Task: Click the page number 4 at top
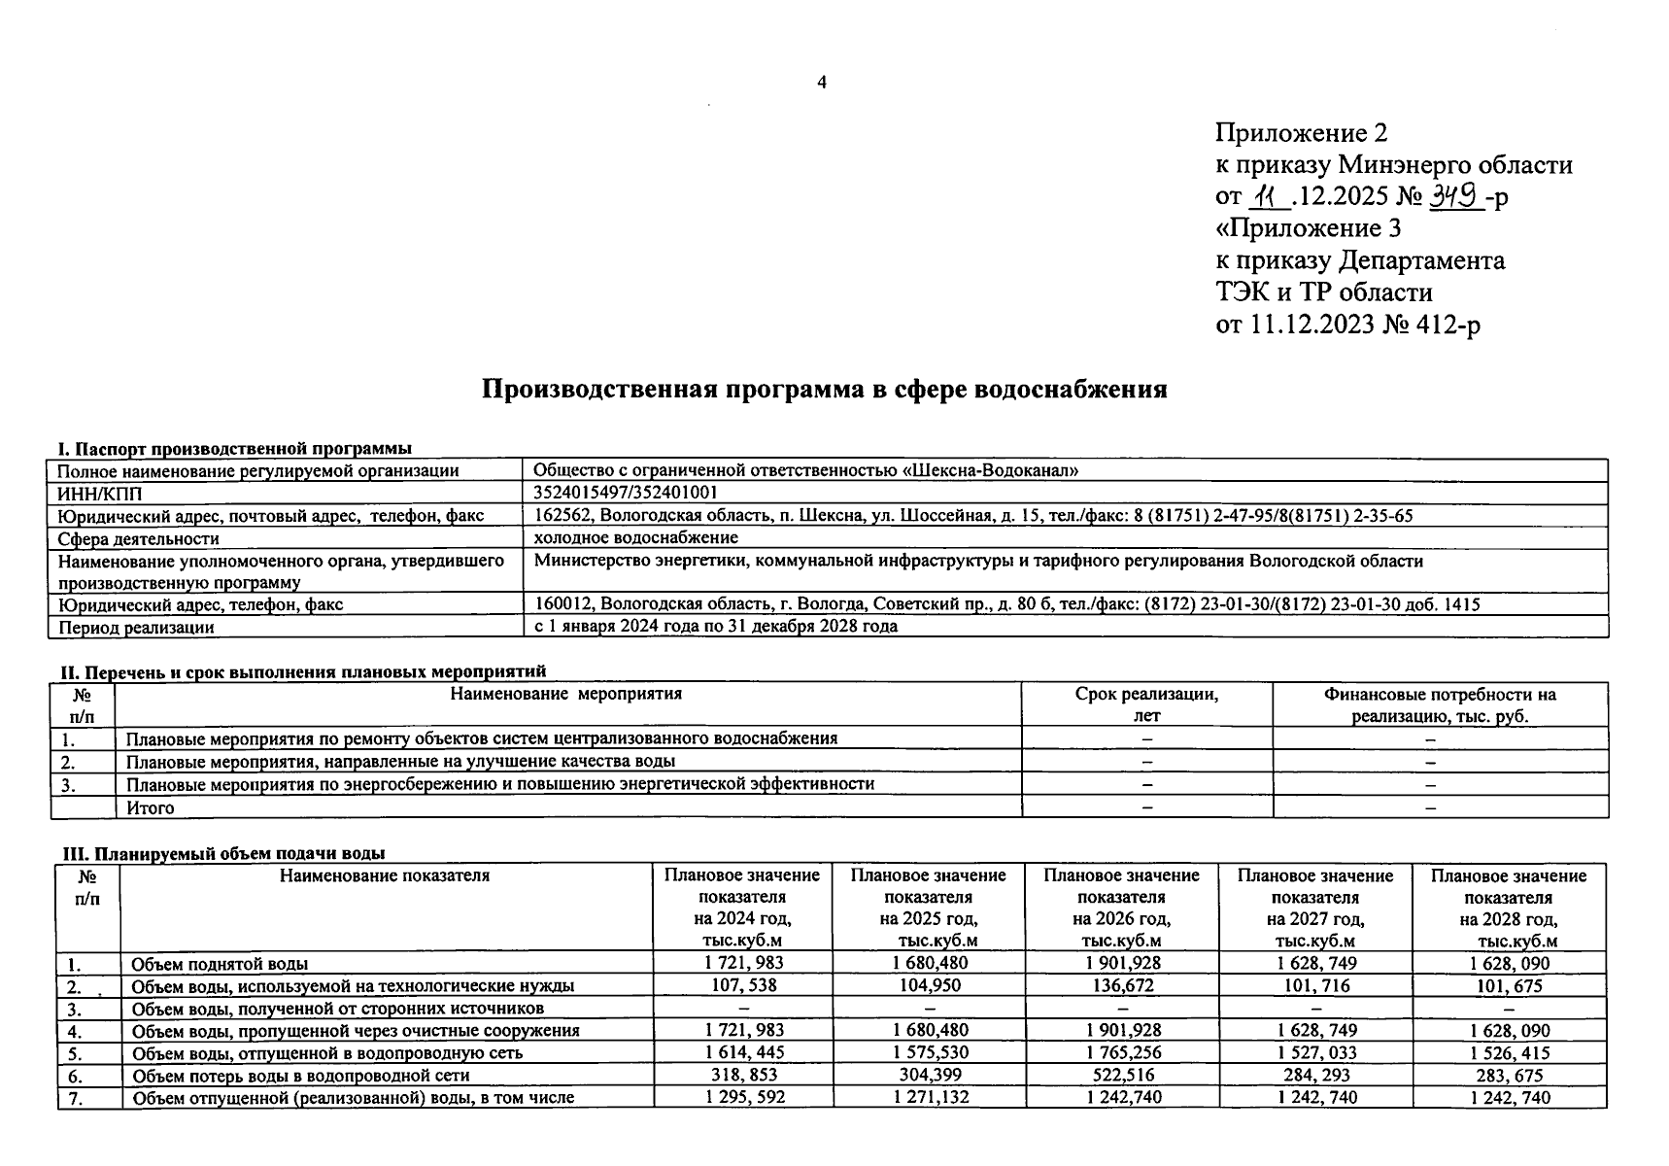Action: pos(822,84)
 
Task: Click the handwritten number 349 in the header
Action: pos(1454,195)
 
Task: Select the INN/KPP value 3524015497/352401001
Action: pos(627,493)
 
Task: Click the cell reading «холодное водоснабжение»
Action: pos(636,537)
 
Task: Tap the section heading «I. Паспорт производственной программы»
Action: pos(234,449)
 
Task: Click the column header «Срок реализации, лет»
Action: pos(1146,704)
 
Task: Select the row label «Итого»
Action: pos(151,807)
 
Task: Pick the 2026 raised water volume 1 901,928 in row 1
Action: pos(1122,963)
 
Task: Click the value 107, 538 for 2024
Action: pos(743,985)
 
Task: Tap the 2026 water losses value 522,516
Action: pos(1122,1076)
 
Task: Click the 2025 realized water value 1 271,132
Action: pos(930,1098)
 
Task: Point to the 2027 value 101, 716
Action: pos(1314,985)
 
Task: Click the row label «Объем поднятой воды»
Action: pos(220,964)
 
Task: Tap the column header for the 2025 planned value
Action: pos(929,907)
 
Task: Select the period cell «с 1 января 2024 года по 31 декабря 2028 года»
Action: pos(716,627)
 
